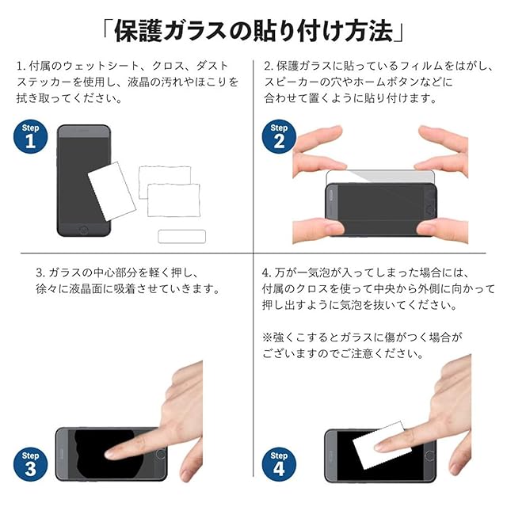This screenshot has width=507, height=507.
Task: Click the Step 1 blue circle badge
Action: point(30,136)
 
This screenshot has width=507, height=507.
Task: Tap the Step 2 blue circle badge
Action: point(279,136)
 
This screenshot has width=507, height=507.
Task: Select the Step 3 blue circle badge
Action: point(30,464)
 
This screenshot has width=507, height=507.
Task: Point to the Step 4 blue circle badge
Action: point(279,464)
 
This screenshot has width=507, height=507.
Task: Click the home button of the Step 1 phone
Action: point(83,231)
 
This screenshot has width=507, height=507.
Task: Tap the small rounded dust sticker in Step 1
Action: point(181,236)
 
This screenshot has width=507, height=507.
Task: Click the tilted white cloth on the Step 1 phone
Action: point(112,192)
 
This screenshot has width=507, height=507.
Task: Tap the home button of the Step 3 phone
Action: point(161,454)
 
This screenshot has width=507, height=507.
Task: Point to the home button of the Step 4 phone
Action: point(429,456)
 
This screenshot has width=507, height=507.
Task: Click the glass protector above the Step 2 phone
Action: point(380,177)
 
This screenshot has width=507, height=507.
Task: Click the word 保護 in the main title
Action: point(138,32)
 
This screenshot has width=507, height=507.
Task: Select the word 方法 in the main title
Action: point(369,32)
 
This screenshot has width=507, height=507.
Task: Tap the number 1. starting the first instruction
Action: point(21,67)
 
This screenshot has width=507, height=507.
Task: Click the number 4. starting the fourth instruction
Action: point(267,273)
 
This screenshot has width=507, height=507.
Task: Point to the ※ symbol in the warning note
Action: point(267,338)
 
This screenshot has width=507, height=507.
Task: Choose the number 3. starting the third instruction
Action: point(40,273)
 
